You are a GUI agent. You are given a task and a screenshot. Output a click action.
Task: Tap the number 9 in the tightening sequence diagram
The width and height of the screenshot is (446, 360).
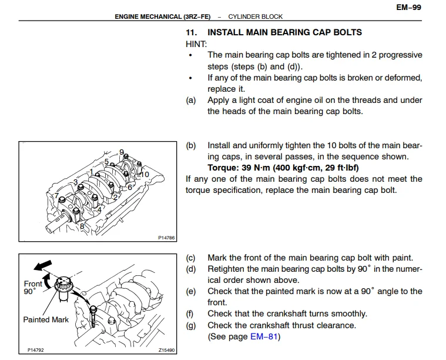tap(122, 153)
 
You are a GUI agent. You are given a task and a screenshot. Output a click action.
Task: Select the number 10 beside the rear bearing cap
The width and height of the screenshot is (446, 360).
tap(145, 175)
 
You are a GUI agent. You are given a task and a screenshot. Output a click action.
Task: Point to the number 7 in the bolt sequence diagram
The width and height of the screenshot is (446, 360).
tap(56, 196)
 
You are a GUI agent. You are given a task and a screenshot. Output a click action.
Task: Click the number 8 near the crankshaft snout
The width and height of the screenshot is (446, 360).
tap(82, 225)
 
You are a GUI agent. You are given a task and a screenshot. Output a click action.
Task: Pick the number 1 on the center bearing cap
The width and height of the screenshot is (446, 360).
tap(92, 172)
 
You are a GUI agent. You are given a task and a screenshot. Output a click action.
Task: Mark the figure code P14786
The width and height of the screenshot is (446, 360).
tap(166, 238)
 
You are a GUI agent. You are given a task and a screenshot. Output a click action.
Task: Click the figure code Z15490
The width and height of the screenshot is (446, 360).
tap(166, 351)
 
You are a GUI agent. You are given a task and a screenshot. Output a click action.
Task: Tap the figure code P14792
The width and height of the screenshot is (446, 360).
tap(36, 351)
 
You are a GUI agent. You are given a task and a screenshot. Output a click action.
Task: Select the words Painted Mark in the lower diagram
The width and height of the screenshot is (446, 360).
tap(46, 320)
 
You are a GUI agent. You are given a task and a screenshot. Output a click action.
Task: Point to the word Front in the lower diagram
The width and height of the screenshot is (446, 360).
tap(33, 284)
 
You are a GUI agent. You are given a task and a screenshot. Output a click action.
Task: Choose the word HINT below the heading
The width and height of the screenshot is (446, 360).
tap(196, 44)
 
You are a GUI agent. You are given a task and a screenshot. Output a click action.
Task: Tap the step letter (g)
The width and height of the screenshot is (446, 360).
tap(190, 325)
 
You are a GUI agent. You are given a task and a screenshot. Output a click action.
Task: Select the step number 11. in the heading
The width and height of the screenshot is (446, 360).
tap(192, 32)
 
